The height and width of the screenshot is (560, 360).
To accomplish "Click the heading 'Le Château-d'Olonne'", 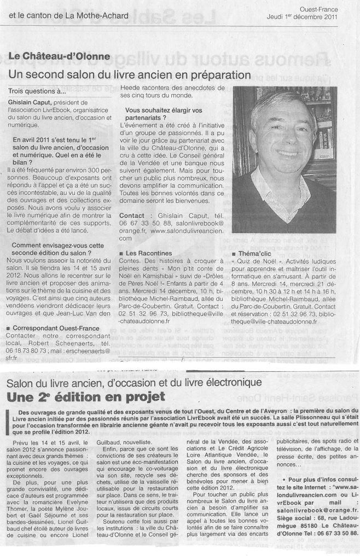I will coord(59,56).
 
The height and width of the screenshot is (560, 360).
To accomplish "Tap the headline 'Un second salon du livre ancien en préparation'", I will coord(130,73).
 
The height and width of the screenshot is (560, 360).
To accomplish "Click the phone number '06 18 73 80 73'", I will coord(27,348).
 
